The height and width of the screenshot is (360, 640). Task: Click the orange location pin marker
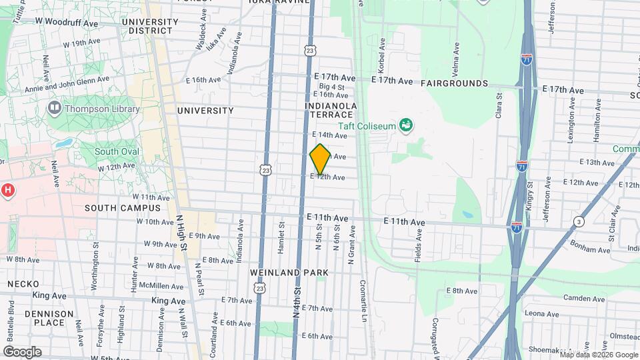(x=320, y=159)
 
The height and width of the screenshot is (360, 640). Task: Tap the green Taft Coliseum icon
(x=405, y=125)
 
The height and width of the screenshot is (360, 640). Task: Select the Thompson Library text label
(x=94, y=107)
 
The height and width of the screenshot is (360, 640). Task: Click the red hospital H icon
(x=8, y=191)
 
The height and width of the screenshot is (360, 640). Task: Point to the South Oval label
(x=117, y=151)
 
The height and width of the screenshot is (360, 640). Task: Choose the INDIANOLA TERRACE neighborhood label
(x=331, y=110)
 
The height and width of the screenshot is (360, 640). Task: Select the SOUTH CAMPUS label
(x=114, y=207)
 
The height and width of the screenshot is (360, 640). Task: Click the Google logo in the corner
(x=21, y=352)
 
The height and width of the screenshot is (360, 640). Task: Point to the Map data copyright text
(x=597, y=355)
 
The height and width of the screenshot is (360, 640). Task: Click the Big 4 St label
(x=331, y=87)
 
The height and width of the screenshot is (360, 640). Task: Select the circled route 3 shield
(x=578, y=221)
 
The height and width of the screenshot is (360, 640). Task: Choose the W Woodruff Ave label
(x=67, y=21)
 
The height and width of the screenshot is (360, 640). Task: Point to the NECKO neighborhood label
(x=22, y=283)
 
